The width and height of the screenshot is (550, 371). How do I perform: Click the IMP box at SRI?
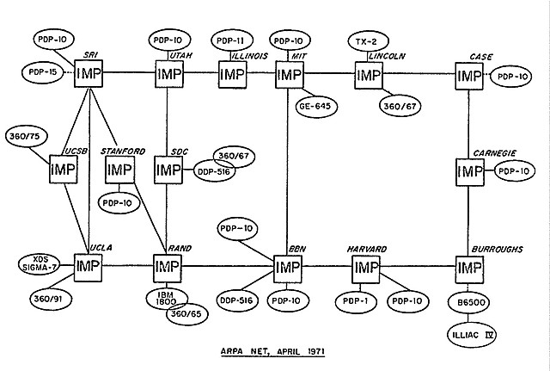89,75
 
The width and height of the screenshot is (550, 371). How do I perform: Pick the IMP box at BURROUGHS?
470,268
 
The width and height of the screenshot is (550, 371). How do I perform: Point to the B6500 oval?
469,303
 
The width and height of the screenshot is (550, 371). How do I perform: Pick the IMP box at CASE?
470,76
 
